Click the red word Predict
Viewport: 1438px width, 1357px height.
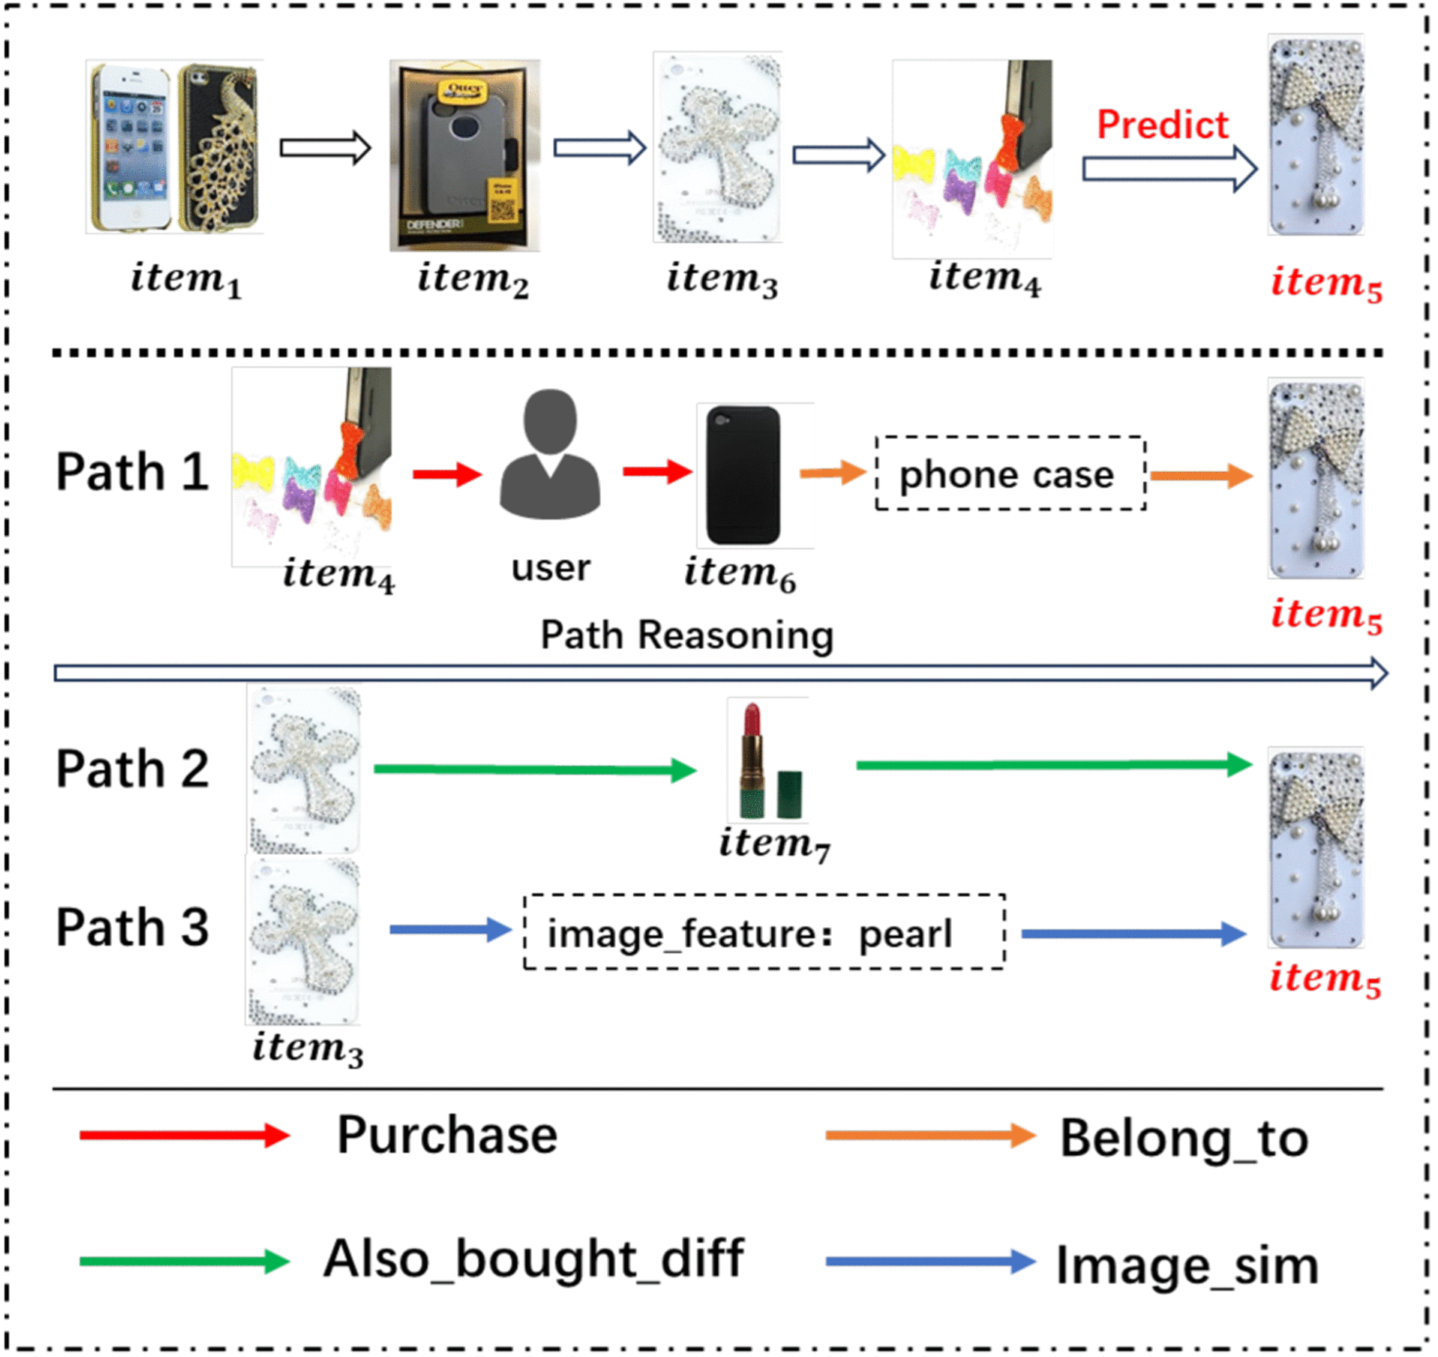(x=1162, y=125)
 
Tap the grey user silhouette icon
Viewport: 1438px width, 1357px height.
(x=550, y=453)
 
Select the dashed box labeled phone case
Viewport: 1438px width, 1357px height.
(x=1010, y=474)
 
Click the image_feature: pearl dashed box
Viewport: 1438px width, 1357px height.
(x=764, y=932)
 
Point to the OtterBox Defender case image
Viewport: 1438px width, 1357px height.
(x=465, y=155)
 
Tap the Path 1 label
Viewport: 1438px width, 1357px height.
(x=132, y=472)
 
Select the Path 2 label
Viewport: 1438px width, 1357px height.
(x=132, y=769)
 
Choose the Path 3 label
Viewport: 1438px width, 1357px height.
(x=132, y=928)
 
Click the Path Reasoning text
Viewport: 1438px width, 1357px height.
(x=686, y=635)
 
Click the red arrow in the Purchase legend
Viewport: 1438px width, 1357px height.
(x=184, y=1135)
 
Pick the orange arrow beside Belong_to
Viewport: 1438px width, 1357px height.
(x=930, y=1136)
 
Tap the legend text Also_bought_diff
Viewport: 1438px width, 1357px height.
(x=533, y=1259)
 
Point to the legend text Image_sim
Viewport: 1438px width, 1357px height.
(x=1187, y=1266)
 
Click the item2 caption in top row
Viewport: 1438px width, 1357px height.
(x=473, y=279)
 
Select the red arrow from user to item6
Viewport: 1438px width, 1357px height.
(x=657, y=471)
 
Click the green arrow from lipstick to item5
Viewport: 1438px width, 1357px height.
(x=1054, y=765)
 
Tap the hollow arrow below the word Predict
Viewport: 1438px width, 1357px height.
(x=1169, y=169)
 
